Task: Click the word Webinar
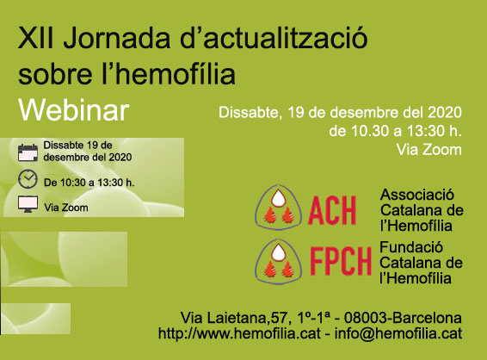pyautogui.click(x=74, y=110)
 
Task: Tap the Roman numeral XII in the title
pyautogui.click(x=36, y=38)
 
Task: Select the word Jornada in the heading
pyautogui.click(x=117, y=38)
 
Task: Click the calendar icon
pyautogui.click(x=28, y=152)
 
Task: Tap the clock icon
pyautogui.click(x=28, y=179)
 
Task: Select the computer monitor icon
pyautogui.click(x=28, y=204)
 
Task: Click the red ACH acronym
pyautogui.click(x=332, y=211)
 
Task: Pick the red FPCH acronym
pyautogui.click(x=341, y=261)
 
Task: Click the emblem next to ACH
pyautogui.click(x=278, y=207)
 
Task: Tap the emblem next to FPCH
pyautogui.click(x=278, y=261)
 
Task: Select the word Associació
pyautogui.click(x=417, y=195)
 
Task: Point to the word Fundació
pyautogui.click(x=411, y=247)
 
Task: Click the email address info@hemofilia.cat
pyautogui.click(x=398, y=333)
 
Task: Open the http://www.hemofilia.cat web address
pyautogui.click(x=239, y=333)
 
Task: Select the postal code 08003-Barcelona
pyautogui.click(x=403, y=318)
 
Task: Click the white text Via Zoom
pyautogui.click(x=428, y=150)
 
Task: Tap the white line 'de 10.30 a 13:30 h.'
pyautogui.click(x=396, y=131)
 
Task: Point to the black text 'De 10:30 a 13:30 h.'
pyautogui.click(x=89, y=183)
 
